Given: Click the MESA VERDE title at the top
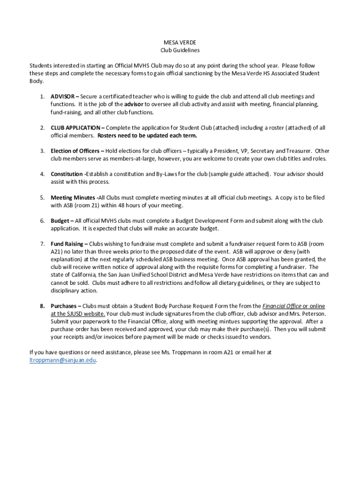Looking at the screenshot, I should pyautogui.click(x=180, y=43).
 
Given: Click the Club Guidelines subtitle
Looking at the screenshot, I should pyautogui.click(x=180, y=50).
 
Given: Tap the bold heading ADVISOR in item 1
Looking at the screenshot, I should pyautogui.click(x=62, y=97).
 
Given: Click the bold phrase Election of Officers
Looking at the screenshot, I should pyautogui.click(x=75, y=151).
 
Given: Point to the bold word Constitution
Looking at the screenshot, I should pyautogui.click(x=67, y=174).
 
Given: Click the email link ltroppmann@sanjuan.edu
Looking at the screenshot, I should pyautogui.click(x=62, y=360).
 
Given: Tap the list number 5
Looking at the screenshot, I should pyautogui.click(x=42, y=197).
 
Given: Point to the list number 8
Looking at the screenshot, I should pyautogui.click(x=42, y=306).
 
